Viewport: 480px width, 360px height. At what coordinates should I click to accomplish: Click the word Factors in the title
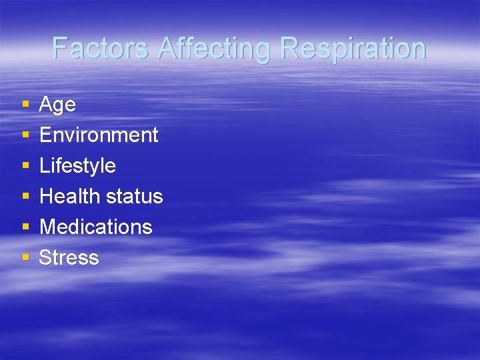coord(101,49)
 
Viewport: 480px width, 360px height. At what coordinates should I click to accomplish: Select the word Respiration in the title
coord(353,49)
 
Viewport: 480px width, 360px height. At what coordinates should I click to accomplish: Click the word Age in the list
coord(57,105)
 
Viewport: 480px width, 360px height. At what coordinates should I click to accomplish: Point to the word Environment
coord(99,135)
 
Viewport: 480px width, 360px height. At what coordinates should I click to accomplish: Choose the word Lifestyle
coord(77,165)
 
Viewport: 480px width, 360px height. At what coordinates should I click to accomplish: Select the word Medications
coord(96,227)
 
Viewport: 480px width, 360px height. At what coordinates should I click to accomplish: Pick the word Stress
coord(69,257)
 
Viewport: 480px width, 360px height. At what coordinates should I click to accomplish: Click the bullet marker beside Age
coord(25,105)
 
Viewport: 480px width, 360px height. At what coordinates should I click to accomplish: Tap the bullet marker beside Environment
coord(25,135)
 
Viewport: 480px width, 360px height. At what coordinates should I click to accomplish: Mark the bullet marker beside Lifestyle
coord(25,166)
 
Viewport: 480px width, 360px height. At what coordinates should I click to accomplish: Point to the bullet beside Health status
coord(25,197)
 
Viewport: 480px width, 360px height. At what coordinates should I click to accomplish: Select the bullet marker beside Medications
coord(25,227)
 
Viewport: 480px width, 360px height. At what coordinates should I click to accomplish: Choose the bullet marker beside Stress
coord(25,258)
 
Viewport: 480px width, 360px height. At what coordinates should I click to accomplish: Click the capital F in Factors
coord(60,49)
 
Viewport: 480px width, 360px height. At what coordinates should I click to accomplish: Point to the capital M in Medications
coord(48,227)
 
